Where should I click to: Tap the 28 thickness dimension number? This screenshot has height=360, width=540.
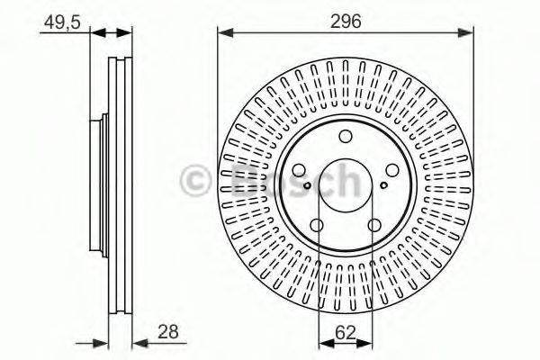click(166, 332)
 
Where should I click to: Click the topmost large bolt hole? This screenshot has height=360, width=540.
click(346, 136)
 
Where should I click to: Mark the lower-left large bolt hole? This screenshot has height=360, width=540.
click(317, 225)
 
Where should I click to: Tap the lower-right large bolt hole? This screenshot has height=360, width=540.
click(374, 225)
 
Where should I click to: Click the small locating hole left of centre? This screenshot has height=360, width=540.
click(307, 186)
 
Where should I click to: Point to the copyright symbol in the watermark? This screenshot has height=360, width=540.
click(196, 179)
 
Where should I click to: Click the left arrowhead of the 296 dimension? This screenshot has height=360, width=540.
click(222, 33)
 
